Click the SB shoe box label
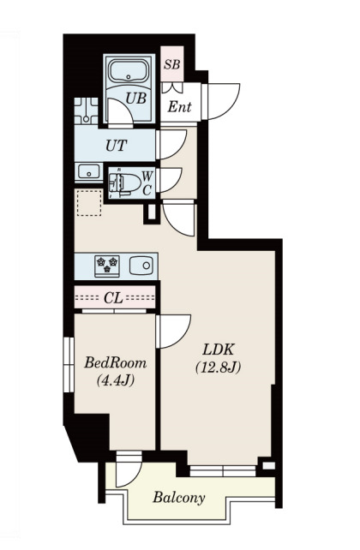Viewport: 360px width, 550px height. [172, 64]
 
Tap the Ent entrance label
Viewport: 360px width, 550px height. [179, 106]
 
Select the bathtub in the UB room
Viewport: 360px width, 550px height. [129, 71]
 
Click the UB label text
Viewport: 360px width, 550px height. [135, 99]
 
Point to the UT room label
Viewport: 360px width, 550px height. [116, 146]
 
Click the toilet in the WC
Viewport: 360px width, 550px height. [124, 182]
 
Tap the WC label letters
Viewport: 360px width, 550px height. [147, 183]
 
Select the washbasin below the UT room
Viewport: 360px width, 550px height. [89, 172]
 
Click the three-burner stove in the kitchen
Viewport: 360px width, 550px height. [107, 266]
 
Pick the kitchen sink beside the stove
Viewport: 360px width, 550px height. [141, 266]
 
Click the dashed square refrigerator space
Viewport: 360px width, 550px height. [89, 203]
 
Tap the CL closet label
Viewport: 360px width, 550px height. [114, 298]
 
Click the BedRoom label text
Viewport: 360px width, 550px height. [115, 362]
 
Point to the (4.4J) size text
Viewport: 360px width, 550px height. [116, 380]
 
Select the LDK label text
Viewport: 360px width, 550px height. [219, 350]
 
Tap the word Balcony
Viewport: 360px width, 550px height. [178, 498]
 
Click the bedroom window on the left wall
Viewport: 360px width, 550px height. [69, 365]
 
